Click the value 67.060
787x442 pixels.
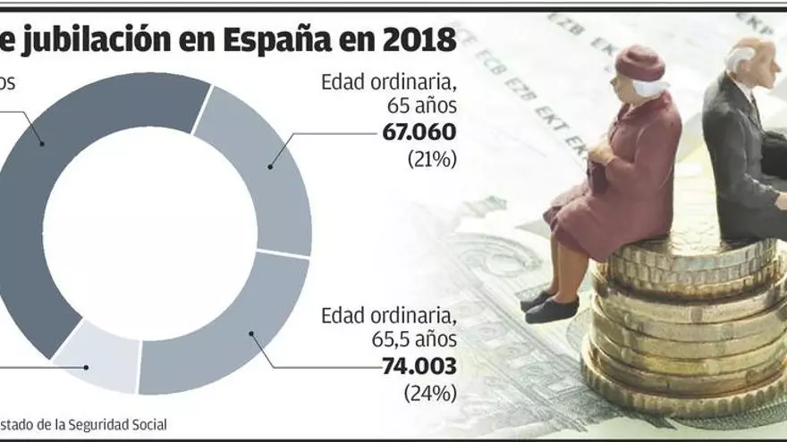[x=419, y=133]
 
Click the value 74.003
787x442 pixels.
[x=419, y=366]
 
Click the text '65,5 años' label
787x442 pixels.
[x=413, y=340]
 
